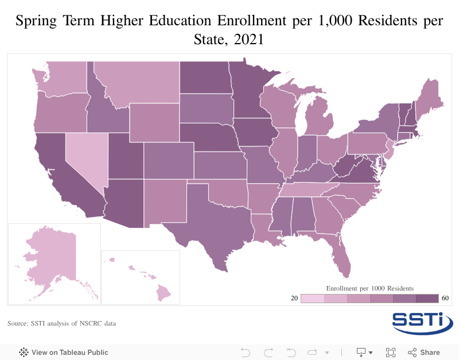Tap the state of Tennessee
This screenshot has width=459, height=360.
[x=310, y=190]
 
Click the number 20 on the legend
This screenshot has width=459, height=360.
[x=294, y=299]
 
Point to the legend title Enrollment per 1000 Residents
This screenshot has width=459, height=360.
[x=370, y=288]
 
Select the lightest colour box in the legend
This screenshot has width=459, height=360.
[x=313, y=299]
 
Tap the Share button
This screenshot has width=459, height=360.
[x=424, y=352]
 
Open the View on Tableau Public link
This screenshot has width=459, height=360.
[x=64, y=352]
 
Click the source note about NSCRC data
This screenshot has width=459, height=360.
[x=61, y=324]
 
